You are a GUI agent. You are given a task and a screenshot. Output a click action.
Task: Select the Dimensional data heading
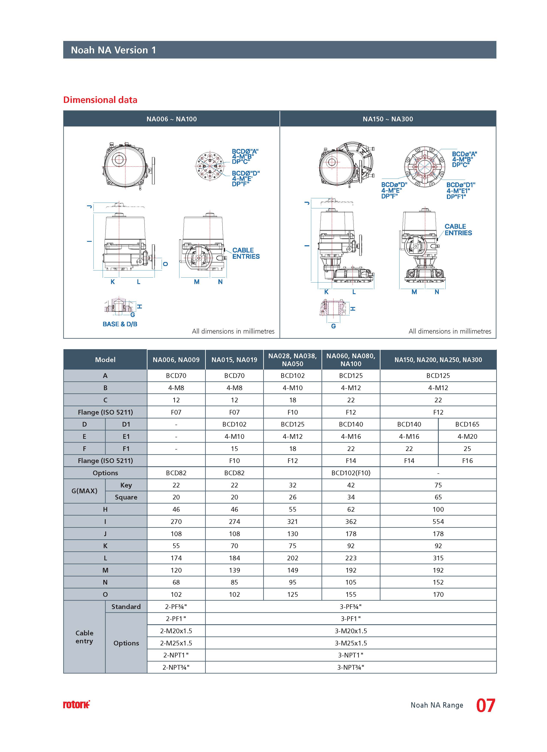click(x=100, y=100)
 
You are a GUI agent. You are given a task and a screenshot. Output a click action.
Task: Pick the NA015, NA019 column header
click(x=234, y=360)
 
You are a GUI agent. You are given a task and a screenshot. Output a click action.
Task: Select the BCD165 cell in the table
click(x=467, y=424)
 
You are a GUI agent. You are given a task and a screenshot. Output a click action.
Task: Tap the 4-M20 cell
click(x=467, y=437)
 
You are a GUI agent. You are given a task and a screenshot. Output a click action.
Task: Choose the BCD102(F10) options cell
click(x=351, y=473)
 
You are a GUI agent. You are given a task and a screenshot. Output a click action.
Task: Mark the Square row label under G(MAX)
click(x=126, y=497)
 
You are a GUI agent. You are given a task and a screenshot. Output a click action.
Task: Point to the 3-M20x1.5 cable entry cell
click(x=351, y=631)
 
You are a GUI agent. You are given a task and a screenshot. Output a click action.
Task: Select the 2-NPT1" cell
click(x=176, y=655)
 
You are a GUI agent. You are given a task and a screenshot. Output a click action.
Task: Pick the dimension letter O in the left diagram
click(x=165, y=264)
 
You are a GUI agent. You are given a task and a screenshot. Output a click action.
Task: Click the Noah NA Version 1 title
click(x=113, y=50)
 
